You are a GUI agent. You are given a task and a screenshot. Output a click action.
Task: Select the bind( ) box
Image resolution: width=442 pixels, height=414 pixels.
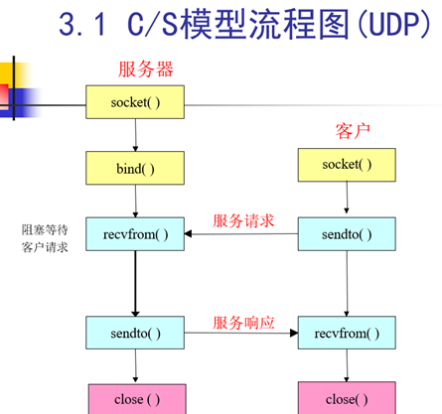click(135, 168)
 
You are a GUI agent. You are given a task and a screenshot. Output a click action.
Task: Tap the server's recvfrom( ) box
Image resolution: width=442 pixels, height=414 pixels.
click(135, 234)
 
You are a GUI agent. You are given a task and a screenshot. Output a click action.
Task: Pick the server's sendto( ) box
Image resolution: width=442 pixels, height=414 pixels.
click(135, 332)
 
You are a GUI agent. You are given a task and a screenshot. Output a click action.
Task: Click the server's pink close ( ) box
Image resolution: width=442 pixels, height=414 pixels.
click(135, 399)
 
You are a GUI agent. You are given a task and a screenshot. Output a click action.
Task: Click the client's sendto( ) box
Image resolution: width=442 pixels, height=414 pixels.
click(348, 234)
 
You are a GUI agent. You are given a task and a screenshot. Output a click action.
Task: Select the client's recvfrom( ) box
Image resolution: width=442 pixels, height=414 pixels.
click(348, 332)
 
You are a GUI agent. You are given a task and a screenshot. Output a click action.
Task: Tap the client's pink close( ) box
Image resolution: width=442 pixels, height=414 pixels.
click(348, 399)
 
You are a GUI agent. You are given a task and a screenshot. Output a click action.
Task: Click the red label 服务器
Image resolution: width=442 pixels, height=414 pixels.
click(146, 69)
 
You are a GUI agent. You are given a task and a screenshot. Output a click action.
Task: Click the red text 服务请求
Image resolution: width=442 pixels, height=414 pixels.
click(241, 220)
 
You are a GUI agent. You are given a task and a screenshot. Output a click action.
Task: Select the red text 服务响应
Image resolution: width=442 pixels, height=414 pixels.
click(241, 324)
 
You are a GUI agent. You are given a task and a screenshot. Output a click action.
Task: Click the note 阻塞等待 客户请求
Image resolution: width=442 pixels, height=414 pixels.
click(45, 238)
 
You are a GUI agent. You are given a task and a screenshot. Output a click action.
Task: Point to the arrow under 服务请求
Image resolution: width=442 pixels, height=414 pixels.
click(241, 234)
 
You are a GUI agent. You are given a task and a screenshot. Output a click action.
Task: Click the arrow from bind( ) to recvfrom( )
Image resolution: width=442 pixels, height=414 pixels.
click(135, 201)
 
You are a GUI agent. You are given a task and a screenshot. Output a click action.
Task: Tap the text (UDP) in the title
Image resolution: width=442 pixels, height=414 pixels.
click(381, 24)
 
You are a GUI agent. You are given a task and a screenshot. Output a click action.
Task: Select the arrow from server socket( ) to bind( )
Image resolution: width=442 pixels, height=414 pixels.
click(135, 133)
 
